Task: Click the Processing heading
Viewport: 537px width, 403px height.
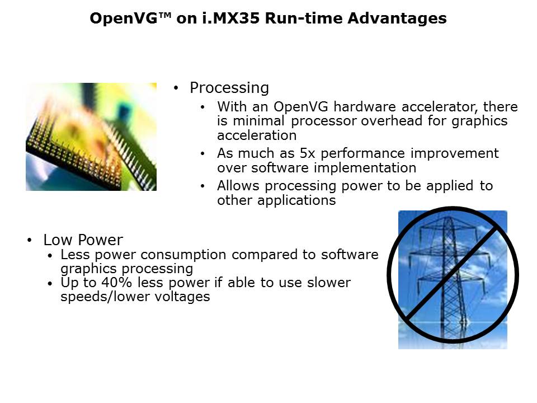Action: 229,88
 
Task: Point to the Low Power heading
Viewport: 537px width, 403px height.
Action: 83,240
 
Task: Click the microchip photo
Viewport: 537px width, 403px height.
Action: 91,137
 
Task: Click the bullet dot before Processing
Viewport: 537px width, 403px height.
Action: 177,88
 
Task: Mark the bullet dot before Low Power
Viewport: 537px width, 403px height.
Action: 30,241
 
